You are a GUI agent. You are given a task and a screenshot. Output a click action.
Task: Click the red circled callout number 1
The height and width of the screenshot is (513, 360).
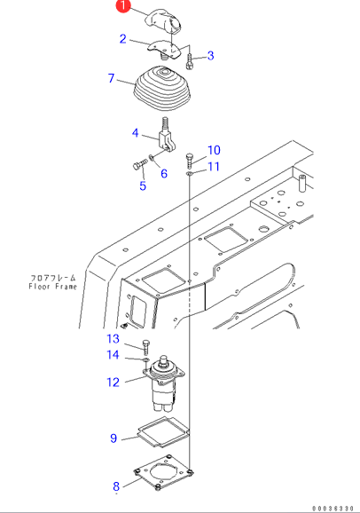coord(123,6)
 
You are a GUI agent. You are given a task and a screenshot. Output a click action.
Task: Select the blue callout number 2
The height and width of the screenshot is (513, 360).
coord(123,39)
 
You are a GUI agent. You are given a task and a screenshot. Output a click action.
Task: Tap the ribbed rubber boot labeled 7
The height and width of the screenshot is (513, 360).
coord(161,88)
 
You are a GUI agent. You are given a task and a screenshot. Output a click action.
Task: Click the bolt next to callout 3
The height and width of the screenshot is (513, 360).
coord(190,62)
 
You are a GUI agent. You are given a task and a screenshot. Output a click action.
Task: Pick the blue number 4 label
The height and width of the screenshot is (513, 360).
coord(136,133)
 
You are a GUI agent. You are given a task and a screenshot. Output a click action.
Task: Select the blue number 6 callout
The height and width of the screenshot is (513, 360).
coord(164,173)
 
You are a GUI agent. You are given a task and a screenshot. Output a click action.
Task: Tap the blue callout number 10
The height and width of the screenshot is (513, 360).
coord(214,150)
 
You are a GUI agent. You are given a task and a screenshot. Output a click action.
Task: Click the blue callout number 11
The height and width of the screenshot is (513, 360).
coord(214,167)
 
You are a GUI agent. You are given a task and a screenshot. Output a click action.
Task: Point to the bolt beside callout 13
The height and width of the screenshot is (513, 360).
coord(145,347)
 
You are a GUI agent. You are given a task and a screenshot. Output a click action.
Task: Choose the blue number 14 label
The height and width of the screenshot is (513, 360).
coord(113,355)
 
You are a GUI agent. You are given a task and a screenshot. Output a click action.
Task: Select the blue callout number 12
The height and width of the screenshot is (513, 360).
coord(113,383)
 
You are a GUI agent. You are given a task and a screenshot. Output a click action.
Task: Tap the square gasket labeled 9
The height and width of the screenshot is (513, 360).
coord(163,432)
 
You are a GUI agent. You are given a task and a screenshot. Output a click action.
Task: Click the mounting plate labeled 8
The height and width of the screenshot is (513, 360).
coord(163,472)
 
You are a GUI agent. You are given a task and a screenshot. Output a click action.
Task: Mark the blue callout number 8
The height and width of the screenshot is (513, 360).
coord(116,486)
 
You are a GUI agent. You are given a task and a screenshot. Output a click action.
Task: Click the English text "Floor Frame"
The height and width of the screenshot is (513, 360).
coord(52,287)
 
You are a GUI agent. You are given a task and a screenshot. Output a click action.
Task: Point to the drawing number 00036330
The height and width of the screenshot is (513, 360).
coord(333,509)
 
